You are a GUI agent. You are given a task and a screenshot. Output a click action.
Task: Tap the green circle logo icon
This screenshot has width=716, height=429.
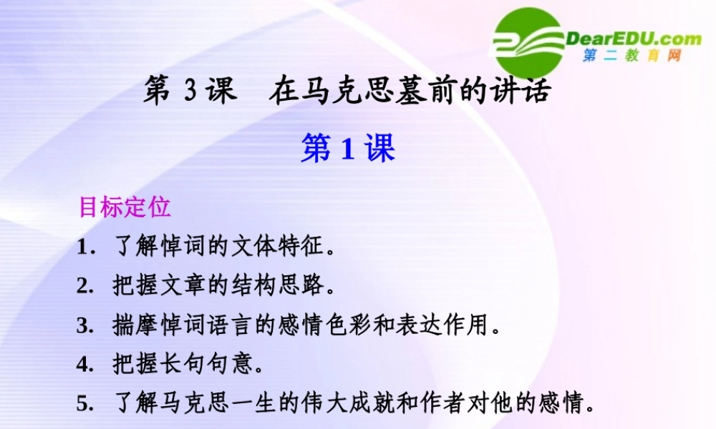point(528,41)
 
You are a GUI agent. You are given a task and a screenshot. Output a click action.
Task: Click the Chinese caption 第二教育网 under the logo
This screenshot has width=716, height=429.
point(632,56)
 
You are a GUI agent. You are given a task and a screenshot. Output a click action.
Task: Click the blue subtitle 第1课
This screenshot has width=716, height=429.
point(348,149)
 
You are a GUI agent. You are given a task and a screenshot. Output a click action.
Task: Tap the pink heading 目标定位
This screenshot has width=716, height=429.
point(125,207)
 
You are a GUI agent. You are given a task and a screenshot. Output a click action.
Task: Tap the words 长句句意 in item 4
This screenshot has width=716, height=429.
point(208,365)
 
